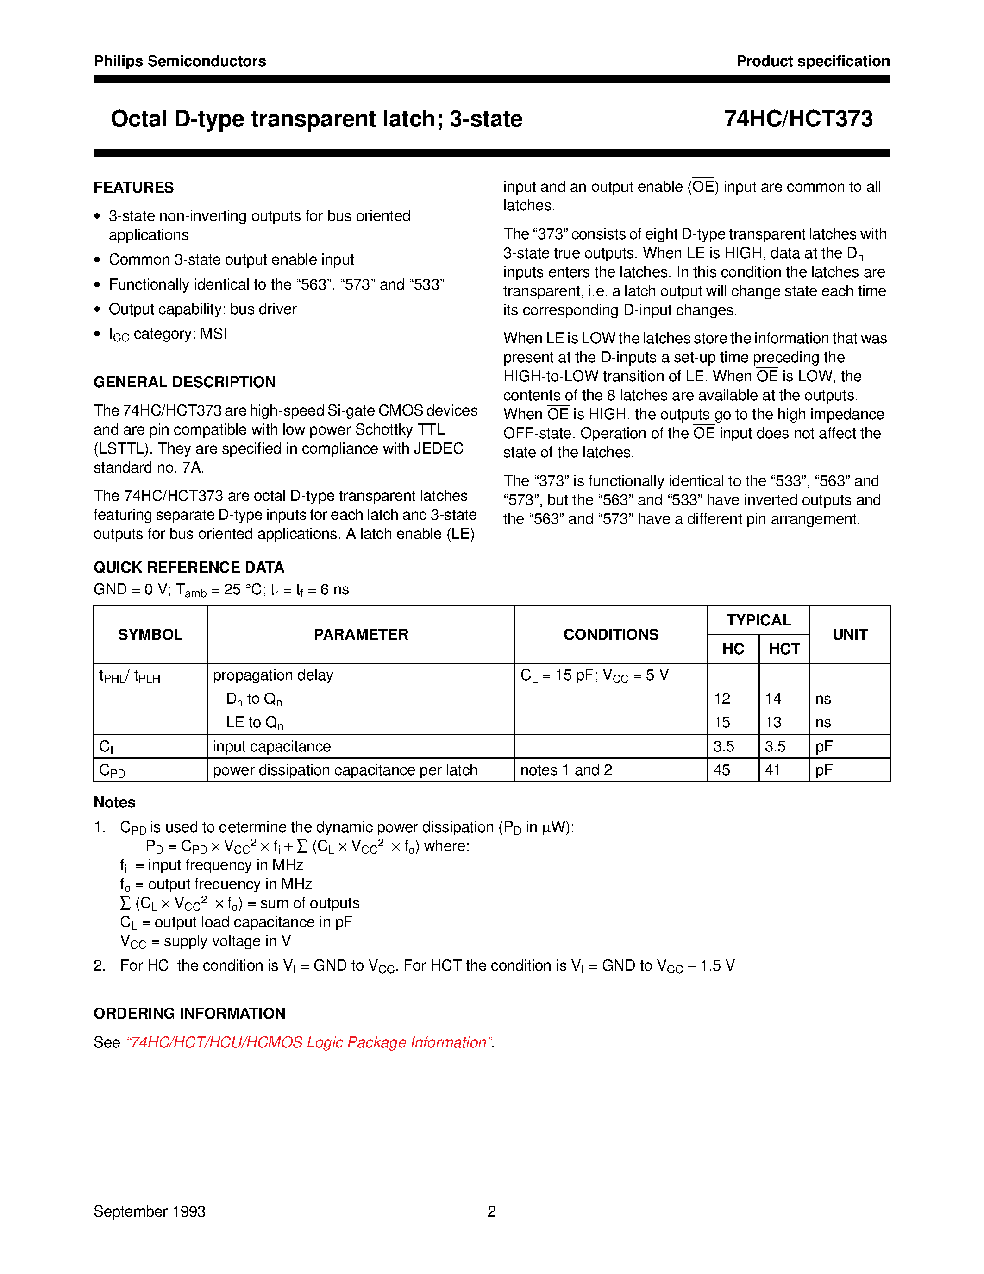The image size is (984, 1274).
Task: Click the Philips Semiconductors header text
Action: click(x=180, y=61)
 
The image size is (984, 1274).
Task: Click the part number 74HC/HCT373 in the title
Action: click(x=798, y=119)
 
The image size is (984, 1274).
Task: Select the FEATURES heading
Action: click(x=133, y=187)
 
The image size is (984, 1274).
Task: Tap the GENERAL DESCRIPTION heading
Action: click(x=184, y=382)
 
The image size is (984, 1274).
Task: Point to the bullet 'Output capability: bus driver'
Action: click(x=202, y=309)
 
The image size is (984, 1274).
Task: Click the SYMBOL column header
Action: click(x=150, y=635)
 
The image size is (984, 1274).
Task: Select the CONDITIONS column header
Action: click(x=610, y=635)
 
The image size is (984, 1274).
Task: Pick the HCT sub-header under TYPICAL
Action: click(x=783, y=649)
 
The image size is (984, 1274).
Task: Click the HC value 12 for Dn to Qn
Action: click(x=722, y=699)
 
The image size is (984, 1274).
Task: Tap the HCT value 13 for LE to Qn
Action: click(x=773, y=723)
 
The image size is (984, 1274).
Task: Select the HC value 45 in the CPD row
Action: click(x=722, y=770)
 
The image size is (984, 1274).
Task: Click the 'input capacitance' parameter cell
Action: click(x=272, y=747)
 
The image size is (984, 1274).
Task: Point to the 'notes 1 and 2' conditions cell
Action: click(x=566, y=770)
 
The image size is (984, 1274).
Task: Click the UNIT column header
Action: click(x=849, y=635)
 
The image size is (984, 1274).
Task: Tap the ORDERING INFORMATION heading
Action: click(x=189, y=1013)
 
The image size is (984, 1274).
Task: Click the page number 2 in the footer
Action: click(x=491, y=1211)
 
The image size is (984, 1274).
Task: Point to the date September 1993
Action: click(x=149, y=1211)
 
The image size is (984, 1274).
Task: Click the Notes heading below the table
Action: click(x=114, y=803)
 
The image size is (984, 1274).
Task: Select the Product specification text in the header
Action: click(x=813, y=61)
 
